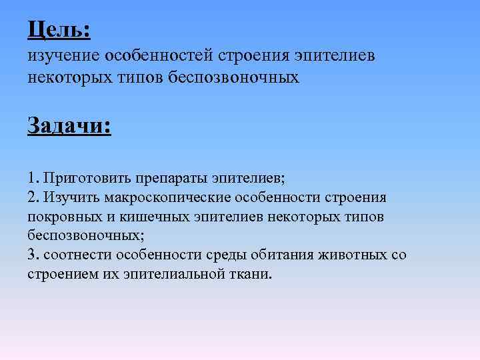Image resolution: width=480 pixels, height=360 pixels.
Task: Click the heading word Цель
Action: tap(58, 30)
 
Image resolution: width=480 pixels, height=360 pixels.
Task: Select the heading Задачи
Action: tap(69, 125)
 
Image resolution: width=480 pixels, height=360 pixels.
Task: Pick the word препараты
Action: tap(173, 179)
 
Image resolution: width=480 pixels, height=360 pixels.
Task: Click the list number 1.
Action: tap(33, 179)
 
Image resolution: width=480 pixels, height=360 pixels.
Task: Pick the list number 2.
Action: tap(33, 198)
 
